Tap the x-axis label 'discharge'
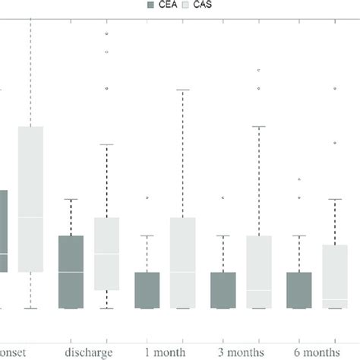tap(88, 353)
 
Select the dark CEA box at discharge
tap(71, 271)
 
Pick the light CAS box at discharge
tap(106, 254)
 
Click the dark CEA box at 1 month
tap(147, 289)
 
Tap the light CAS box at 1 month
tap(182, 263)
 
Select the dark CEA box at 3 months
tap(223, 289)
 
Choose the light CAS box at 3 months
tap(259, 271)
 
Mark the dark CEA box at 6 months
tap(298, 289)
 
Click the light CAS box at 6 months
tap(335, 276)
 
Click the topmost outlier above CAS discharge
tap(107, 34)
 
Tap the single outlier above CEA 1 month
tap(147, 197)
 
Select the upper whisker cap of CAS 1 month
tap(182, 90)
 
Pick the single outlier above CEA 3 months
tap(223, 197)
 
